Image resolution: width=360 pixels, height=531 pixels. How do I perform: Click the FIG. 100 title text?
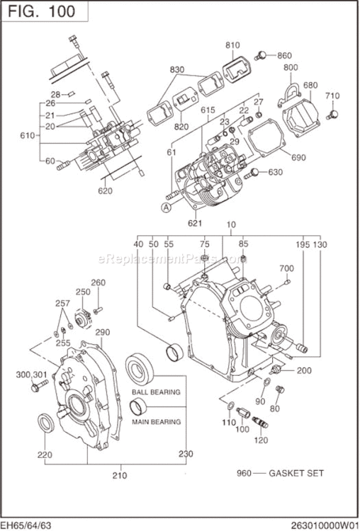[x=44, y=11]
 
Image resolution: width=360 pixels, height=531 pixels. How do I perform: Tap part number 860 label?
[x=284, y=55]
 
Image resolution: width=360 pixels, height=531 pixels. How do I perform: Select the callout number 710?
[x=332, y=96]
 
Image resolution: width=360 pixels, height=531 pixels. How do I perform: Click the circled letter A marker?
[x=166, y=207]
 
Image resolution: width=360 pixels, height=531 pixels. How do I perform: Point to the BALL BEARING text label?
[x=155, y=392]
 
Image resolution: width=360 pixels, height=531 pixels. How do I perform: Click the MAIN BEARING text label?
[x=155, y=421]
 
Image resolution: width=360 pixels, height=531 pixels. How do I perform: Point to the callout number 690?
[x=298, y=157]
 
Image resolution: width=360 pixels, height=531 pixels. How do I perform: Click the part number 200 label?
[x=303, y=370]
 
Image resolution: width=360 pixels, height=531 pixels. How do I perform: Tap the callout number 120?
[x=260, y=440]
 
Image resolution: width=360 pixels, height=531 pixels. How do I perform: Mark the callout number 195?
[x=303, y=244]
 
